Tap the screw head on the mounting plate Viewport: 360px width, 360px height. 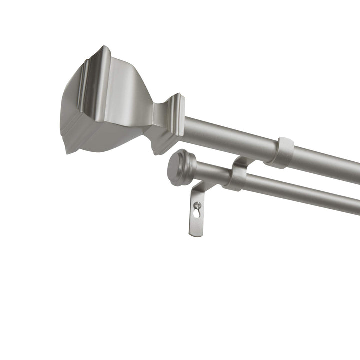point(198,205)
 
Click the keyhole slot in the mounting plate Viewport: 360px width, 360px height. point(198,212)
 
